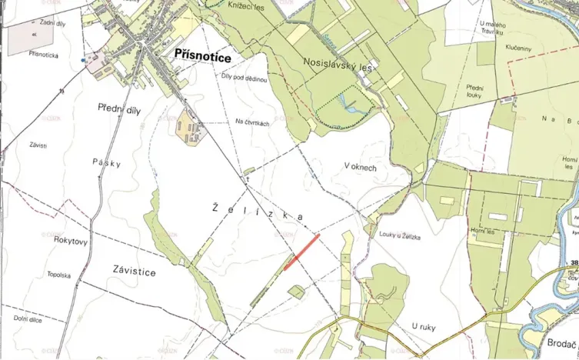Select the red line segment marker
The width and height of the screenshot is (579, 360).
301,252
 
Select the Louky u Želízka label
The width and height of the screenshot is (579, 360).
400,237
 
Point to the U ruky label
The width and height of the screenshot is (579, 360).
423,327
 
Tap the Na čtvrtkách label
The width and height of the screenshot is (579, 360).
252,124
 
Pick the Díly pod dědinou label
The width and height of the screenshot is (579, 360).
245,79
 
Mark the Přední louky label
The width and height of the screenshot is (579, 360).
474,92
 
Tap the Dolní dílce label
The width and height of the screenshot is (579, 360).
28,318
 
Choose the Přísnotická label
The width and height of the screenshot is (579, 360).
43,55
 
